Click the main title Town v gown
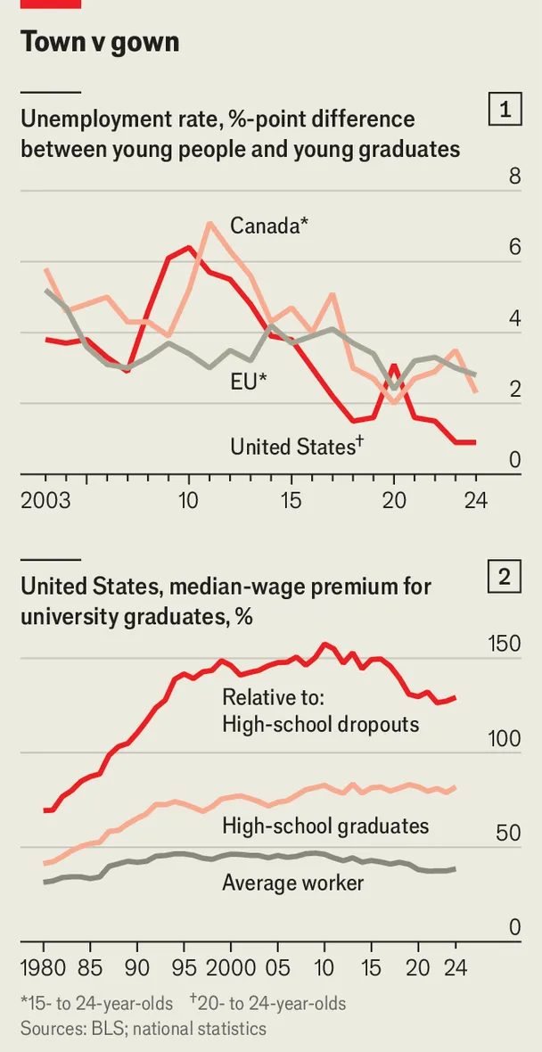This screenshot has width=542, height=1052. coord(99,41)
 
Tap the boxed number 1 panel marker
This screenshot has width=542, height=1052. coord(505,111)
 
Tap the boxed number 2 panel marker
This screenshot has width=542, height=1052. coord(505,578)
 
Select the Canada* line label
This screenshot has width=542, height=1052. coord(269,226)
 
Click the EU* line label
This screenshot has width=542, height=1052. coord(250,382)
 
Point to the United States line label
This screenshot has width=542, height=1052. coord(296,446)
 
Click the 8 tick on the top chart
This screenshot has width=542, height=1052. coord(514,177)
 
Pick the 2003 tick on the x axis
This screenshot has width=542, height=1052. coord(45,500)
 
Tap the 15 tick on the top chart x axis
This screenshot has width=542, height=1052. coord(291,500)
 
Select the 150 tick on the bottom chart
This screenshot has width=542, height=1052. coord(503,644)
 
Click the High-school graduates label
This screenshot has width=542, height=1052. coord(325,826)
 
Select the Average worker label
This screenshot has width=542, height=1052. coord(292,883)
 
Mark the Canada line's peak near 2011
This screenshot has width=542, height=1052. coord(209,223)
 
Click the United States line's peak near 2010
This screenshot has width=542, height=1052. coord(189,247)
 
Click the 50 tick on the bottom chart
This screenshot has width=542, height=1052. coord(508,834)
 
